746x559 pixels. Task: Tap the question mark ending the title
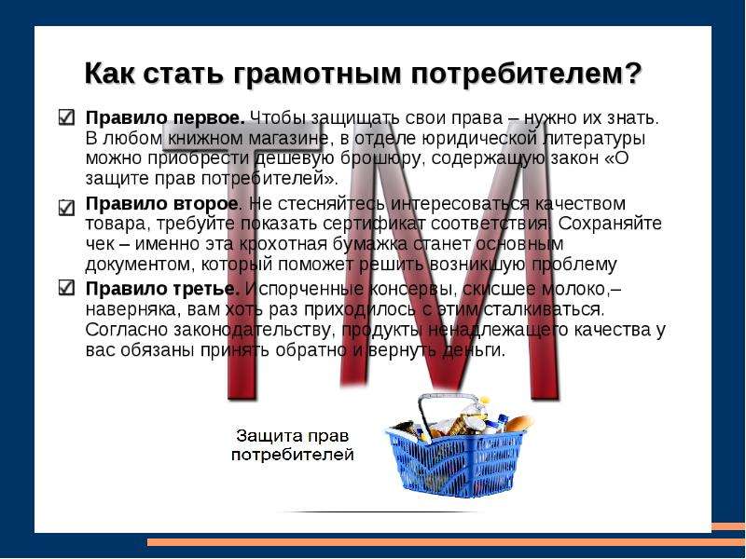[x=632, y=73]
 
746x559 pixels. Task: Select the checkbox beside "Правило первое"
[x=66, y=117]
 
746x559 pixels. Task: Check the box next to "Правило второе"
[x=66, y=207]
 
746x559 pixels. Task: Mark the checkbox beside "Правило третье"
[x=66, y=287]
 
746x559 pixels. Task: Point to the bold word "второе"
[x=205, y=204]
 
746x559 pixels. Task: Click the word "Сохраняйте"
[x=610, y=224]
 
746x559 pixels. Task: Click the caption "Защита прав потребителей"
[x=293, y=445]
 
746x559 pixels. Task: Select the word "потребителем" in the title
[x=516, y=75]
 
